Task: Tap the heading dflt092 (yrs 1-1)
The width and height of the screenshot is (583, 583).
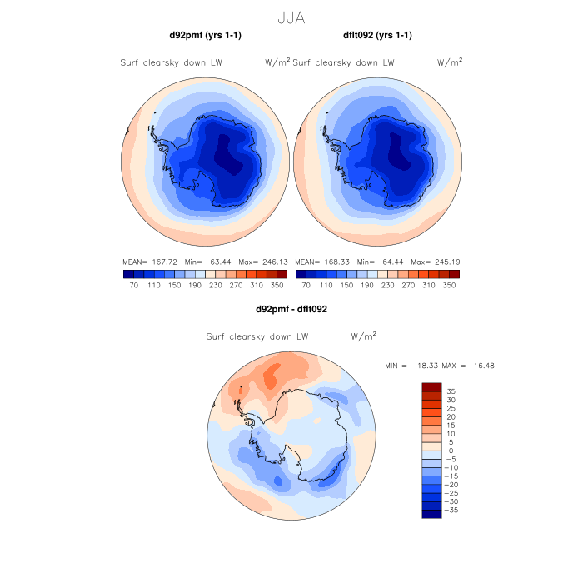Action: pos(377,36)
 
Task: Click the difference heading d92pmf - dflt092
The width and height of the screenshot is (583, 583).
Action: pos(291,310)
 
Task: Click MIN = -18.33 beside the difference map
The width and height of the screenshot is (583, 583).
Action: pos(411,366)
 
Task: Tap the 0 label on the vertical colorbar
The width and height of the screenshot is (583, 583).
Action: pos(450,451)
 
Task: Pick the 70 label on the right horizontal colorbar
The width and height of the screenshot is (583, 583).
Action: pos(306,285)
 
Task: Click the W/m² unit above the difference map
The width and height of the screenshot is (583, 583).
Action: pos(364,336)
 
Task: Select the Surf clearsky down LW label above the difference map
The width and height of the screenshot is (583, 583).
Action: pos(257,337)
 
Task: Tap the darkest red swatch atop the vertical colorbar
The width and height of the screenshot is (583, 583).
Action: pos(431,386)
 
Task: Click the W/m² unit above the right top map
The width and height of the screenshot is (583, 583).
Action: pos(451,62)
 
